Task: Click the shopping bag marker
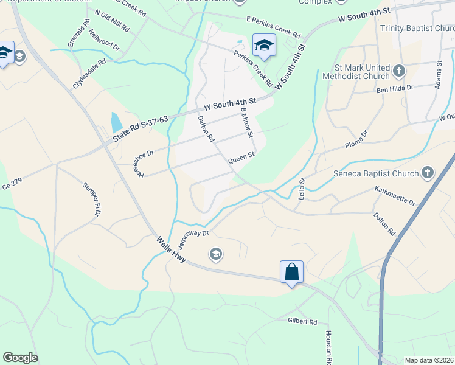tap(291, 271)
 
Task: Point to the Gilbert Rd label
tap(302, 321)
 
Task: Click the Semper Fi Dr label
tap(91, 193)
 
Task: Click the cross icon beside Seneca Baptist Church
tap(428, 173)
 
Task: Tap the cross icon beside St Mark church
tap(399, 71)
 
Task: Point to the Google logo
tap(20, 358)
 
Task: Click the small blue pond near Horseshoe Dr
tap(116, 123)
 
